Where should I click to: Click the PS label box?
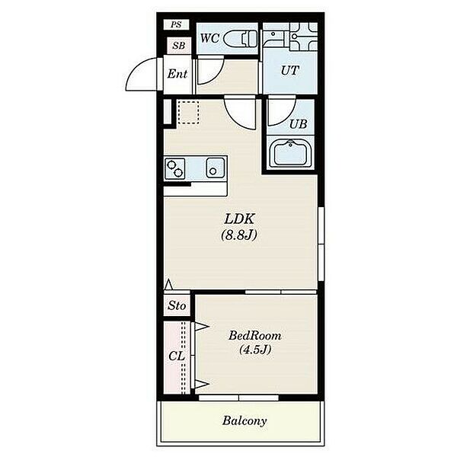(x=176, y=24)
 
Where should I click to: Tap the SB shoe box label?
(x=179, y=46)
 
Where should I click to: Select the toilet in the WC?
(x=241, y=39)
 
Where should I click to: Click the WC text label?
(x=210, y=38)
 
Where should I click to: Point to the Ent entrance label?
(x=177, y=74)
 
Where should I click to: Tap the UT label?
(x=289, y=70)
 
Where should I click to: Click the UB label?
(x=298, y=124)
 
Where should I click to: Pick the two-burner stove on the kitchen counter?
(x=175, y=168)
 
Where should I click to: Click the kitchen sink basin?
(x=216, y=168)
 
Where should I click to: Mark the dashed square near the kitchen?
(x=188, y=112)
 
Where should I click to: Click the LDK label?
(x=240, y=219)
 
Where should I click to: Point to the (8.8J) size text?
(x=239, y=235)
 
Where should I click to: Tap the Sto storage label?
(x=177, y=305)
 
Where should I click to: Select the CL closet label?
(x=177, y=356)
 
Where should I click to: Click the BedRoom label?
(x=255, y=336)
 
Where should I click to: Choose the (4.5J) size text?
(x=255, y=349)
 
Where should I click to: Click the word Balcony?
(x=244, y=421)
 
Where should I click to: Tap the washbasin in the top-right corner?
(x=303, y=37)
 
